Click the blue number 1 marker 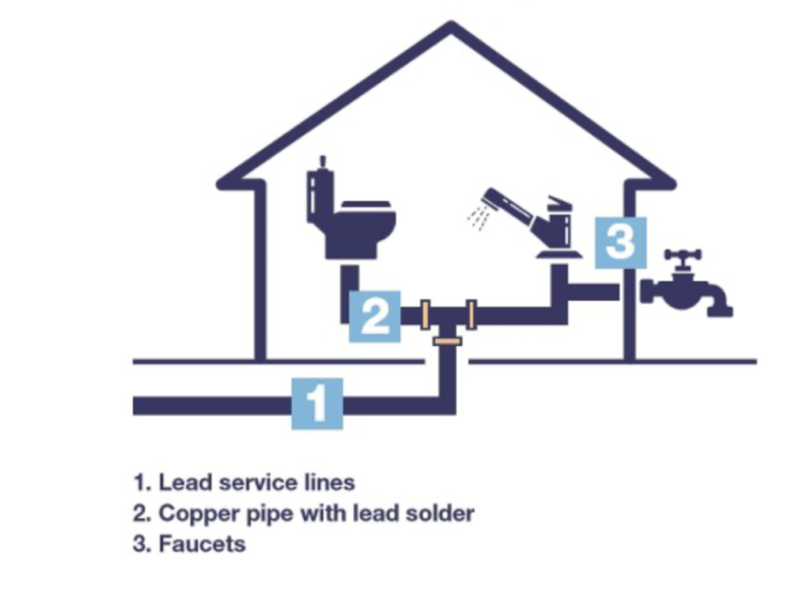[317, 404]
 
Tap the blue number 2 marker [375, 316]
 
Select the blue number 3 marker [620, 242]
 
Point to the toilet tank [320, 194]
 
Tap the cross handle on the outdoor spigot [683, 256]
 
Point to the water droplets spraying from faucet [478, 216]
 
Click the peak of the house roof [451, 28]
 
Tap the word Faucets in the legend [202, 545]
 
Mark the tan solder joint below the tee [448, 340]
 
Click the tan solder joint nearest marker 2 [425, 315]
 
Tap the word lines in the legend [333, 481]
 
